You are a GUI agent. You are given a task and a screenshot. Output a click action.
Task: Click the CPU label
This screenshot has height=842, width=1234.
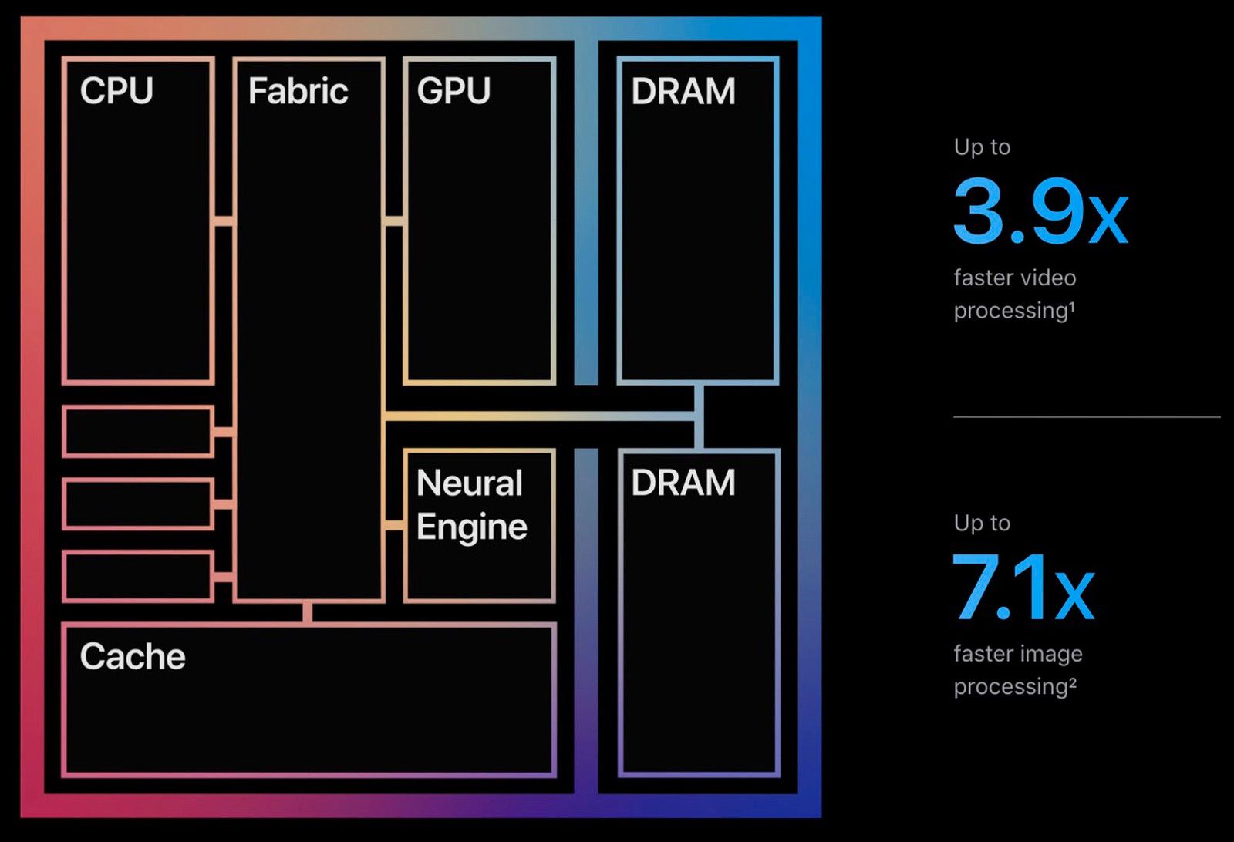116,91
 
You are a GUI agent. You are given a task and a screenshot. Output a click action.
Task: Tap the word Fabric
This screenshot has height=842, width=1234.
298,91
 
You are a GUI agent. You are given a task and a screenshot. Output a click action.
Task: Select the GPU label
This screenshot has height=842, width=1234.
453,91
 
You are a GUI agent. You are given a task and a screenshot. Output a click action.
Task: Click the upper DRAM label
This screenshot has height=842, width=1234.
683,91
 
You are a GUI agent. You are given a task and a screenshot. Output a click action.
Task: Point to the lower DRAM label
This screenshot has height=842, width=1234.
683,483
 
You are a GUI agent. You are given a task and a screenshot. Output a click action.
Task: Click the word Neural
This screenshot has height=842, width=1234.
469,483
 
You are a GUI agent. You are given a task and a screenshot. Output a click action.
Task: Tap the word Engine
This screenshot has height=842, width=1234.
471,527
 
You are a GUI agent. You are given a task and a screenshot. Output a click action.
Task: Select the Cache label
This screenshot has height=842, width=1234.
133,657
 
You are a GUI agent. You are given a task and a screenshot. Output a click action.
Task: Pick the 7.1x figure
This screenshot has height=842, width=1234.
1023,588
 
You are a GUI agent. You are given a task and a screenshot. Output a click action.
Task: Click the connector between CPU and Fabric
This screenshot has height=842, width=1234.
224,221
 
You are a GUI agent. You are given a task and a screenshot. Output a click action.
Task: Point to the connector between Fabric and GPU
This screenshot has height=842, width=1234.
394,221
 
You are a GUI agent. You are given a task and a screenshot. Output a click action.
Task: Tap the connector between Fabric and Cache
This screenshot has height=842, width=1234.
308,612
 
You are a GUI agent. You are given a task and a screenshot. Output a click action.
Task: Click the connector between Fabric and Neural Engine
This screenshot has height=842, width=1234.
394,526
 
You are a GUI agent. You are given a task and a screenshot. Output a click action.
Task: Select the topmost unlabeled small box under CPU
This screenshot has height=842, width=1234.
138,432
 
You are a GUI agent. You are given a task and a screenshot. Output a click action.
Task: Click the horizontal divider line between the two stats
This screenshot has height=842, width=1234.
1086,417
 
